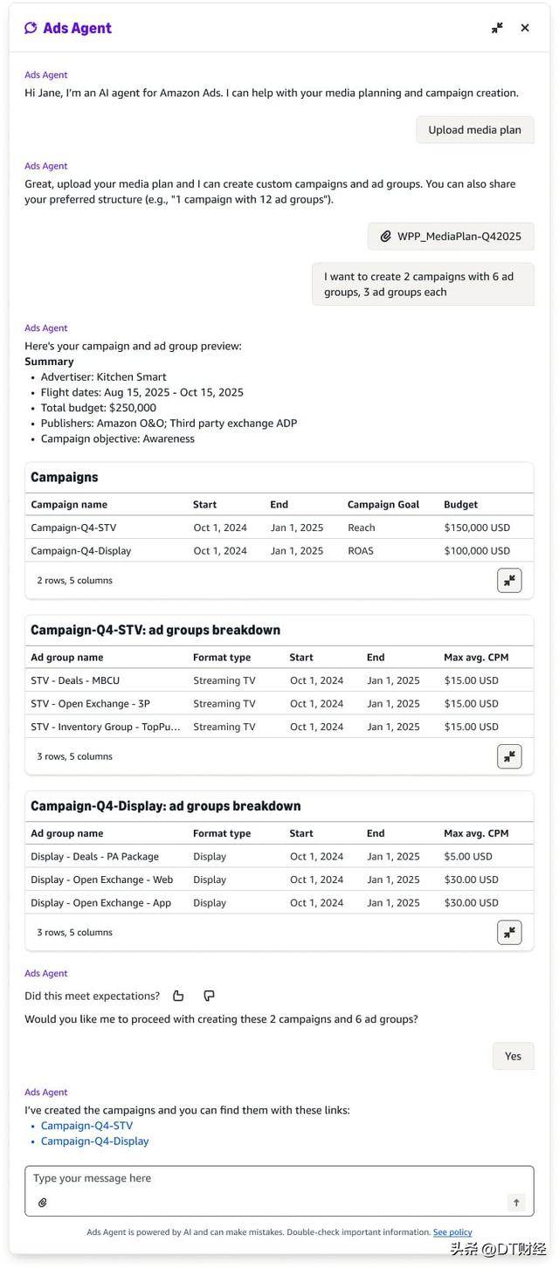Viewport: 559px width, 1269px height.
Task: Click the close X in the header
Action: [525, 28]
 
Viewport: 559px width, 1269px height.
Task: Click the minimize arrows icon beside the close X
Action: [497, 28]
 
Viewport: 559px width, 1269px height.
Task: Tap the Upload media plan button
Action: [474, 130]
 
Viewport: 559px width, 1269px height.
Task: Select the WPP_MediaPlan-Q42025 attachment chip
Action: [451, 236]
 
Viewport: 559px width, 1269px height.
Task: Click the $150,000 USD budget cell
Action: [477, 528]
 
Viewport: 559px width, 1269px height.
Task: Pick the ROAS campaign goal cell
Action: [361, 551]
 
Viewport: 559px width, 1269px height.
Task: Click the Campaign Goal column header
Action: [383, 505]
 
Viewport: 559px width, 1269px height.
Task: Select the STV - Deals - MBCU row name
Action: [75, 680]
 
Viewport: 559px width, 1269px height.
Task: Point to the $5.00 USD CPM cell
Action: [468, 857]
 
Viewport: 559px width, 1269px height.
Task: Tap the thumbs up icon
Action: [178, 996]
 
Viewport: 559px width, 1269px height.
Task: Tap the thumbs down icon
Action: [209, 996]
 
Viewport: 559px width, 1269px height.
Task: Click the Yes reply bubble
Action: [513, 1056]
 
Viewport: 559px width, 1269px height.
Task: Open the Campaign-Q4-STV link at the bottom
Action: [86, 1126]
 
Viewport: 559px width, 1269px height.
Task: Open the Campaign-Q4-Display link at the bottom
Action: [94, 1141]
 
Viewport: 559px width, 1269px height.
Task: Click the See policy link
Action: [452, 1232]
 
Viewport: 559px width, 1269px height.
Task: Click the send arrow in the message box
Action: [516, 1203]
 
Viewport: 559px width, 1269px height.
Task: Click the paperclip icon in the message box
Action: [42, 1203]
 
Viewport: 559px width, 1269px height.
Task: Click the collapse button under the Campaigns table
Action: [509, 581]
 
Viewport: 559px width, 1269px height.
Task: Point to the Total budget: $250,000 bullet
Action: [99, 408]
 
